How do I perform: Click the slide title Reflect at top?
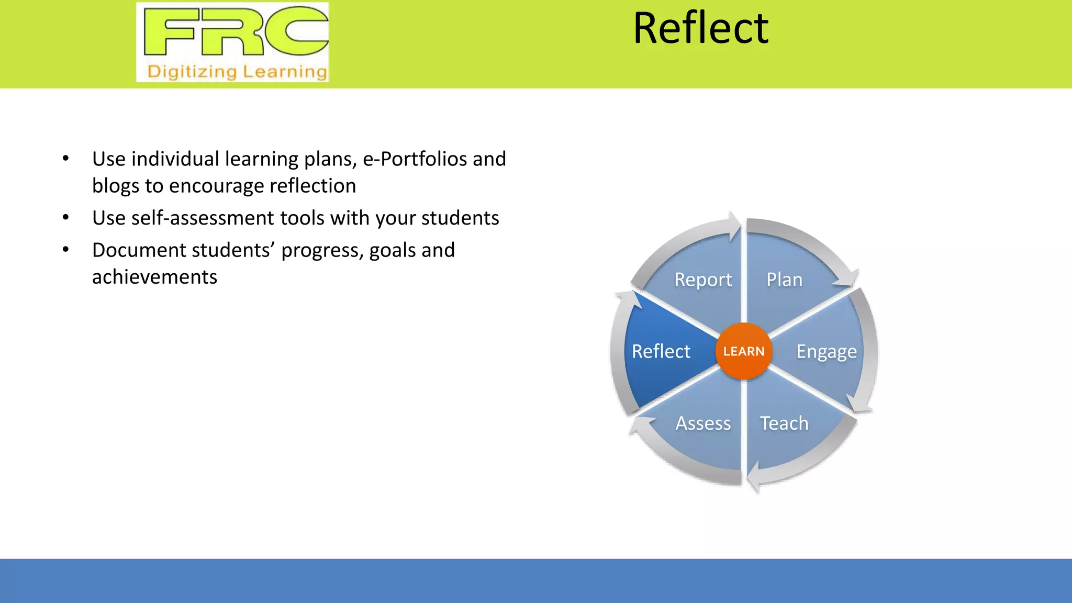(700, 29)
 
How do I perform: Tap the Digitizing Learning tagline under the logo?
(237, 71)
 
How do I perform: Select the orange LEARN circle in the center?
(743, 351)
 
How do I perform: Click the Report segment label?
(702, 280)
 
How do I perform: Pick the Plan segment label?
(784, 280)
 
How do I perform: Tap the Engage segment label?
(826, 352)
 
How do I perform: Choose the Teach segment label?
(784, 423)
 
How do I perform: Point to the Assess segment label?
(702, 423)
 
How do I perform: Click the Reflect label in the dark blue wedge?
(661, 351)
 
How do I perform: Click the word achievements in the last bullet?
(154, 277)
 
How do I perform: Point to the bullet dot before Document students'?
(65, 250)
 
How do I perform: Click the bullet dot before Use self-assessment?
(65, 217)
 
